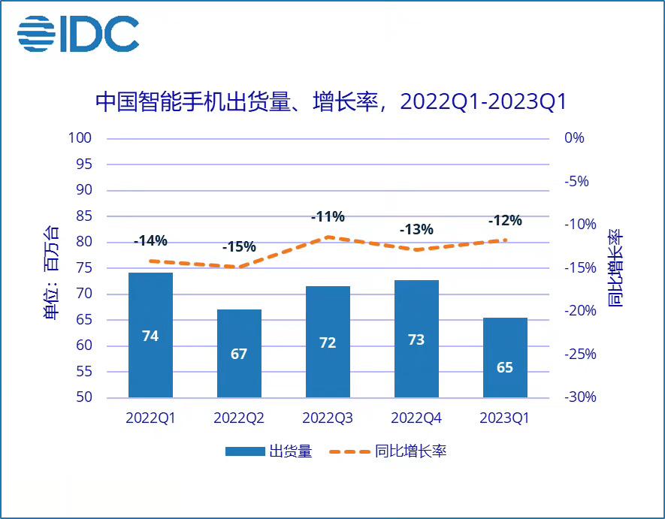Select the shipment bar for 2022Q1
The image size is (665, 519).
150,334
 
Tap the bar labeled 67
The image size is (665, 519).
239,353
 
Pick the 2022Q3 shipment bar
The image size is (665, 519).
328,342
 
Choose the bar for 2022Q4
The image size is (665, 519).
416,339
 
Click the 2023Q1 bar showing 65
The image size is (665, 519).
505,358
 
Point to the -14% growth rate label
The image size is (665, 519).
150,241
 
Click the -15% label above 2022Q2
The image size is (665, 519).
239,247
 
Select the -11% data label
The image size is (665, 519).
328,217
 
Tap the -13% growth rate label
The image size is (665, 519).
416,229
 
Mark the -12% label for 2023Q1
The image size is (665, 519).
505,221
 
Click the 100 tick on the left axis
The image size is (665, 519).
83,138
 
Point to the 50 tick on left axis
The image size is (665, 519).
87,397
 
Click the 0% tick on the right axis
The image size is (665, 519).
573,138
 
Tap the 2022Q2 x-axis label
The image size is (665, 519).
239,418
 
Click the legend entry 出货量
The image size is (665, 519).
268,451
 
